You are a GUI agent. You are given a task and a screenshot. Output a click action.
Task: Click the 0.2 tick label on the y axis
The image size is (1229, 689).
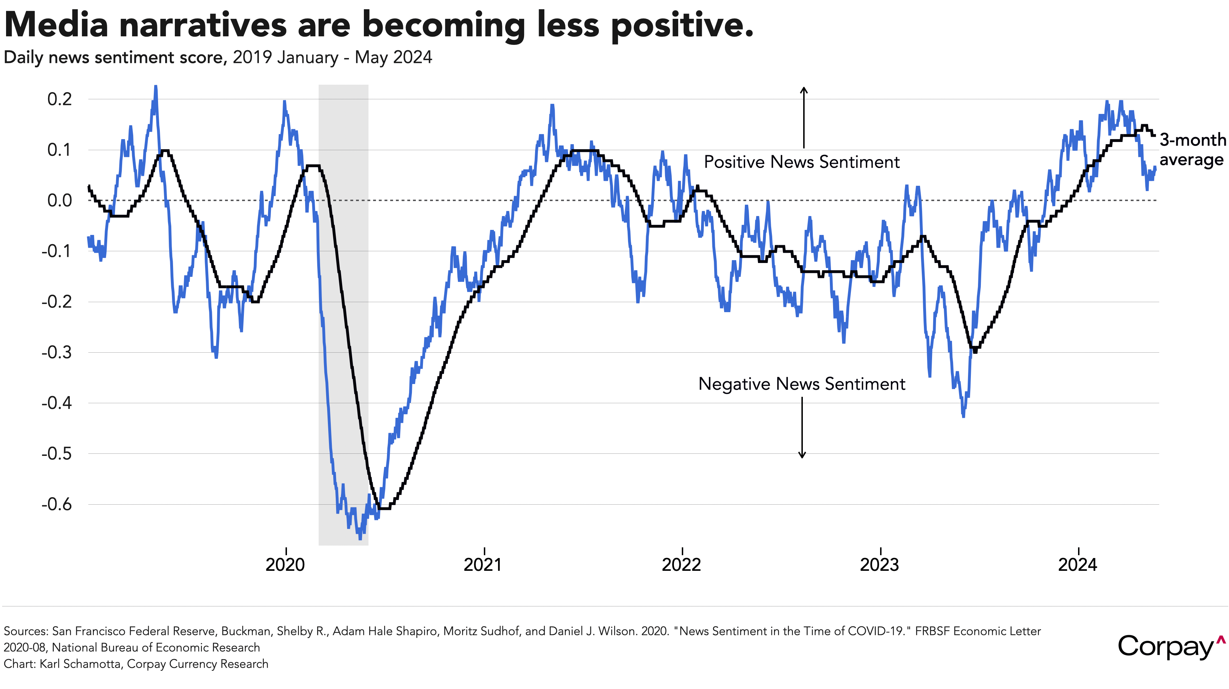click(60, 99)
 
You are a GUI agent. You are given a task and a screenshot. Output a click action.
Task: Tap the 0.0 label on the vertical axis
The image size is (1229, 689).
click(60, 200)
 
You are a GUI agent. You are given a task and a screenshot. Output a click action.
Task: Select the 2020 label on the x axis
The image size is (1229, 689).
click(285, 564)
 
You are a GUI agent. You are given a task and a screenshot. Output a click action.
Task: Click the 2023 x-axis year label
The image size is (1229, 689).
click(879, 564)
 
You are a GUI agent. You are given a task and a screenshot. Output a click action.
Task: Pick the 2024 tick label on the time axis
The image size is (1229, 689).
click(1077, 564)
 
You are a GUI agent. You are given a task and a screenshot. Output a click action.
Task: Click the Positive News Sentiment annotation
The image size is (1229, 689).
click(801, 162)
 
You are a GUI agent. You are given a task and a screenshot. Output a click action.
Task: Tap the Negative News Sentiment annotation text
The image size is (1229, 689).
click(801, 384)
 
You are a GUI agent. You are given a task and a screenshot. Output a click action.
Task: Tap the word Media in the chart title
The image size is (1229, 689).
click(56, 25)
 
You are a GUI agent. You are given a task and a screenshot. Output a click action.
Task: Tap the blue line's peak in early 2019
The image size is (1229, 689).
click(156, 87)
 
